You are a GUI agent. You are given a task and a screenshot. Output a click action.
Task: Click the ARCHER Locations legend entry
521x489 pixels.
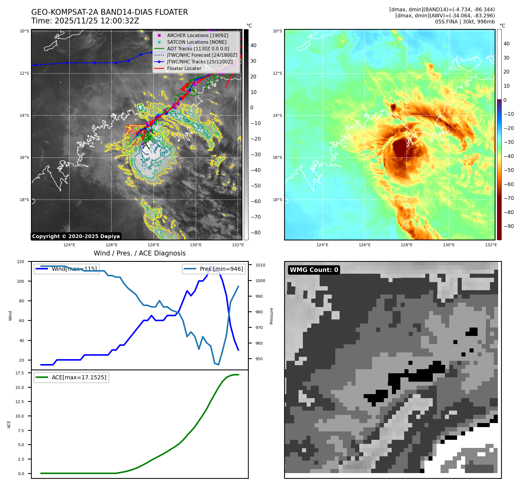[x=198, y=35]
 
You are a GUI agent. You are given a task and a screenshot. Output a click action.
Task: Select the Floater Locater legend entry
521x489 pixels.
[x=184, y=69]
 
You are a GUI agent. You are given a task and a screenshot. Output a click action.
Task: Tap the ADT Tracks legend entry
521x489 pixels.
[x=198, y=49]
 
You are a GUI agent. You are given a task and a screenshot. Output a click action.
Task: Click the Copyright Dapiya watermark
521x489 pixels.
[x=76, y=236]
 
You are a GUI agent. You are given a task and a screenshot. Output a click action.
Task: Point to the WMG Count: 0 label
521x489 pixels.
[x=314, y=270]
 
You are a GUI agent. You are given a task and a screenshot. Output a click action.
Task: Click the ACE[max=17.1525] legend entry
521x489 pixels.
[x=79, y=377]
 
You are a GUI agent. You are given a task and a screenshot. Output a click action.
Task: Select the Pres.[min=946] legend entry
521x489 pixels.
[x=221, y=269]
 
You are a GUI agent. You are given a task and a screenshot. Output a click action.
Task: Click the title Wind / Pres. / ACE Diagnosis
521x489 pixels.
[x=139, y=253]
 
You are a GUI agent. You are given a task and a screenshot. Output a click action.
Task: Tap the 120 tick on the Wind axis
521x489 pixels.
[x=21, y=262]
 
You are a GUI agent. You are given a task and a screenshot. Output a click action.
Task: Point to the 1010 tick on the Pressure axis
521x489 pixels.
[x=260, y=265]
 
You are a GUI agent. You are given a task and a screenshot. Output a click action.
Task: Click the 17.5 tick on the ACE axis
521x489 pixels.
[x=20, y=373]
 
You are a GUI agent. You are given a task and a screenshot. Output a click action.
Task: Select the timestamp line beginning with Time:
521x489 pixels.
[x=85, y=21]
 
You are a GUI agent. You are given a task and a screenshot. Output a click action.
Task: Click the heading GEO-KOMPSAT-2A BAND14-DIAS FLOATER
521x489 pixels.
[x=109, y=12]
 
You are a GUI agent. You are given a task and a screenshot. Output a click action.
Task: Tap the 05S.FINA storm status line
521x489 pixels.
[x=465, y=22]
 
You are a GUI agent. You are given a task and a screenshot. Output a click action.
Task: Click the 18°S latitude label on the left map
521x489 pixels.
[x=24, y=200]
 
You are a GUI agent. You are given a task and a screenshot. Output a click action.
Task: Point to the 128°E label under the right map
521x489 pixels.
[x=406, y=245]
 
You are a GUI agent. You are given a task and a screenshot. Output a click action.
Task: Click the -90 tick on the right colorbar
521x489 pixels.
[x=509, y=226]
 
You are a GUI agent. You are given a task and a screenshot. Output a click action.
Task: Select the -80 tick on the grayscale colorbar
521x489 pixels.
[x=255, y=233]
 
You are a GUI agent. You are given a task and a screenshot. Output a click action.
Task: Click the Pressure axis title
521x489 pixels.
[x=271, y=316]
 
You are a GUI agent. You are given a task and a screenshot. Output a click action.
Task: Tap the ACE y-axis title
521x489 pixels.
[x=9, y=424]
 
